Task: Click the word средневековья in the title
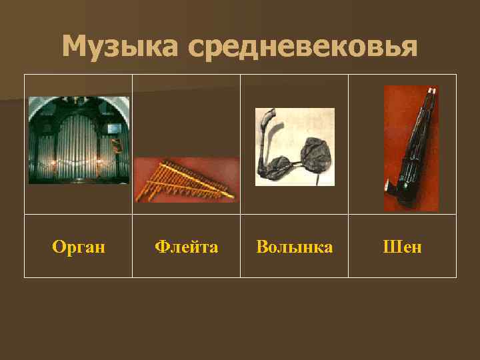(x=303, y=47)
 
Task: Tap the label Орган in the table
(x=79, y=247)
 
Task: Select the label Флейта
(x=186, y=247)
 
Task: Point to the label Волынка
(x=294, y=247)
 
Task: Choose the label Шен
(x=402, y=247)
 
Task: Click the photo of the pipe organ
(x=79, y=140)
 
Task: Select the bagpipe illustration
(x=295, y=147)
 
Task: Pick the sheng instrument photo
(x=411, y=148)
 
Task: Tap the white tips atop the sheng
(x=431, y=90)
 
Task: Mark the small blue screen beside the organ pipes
(x=114, y=127)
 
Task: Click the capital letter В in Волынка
(x=262, y=247)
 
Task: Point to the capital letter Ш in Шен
(x=389, y=247)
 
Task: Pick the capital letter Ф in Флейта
(x=161, y=247)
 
